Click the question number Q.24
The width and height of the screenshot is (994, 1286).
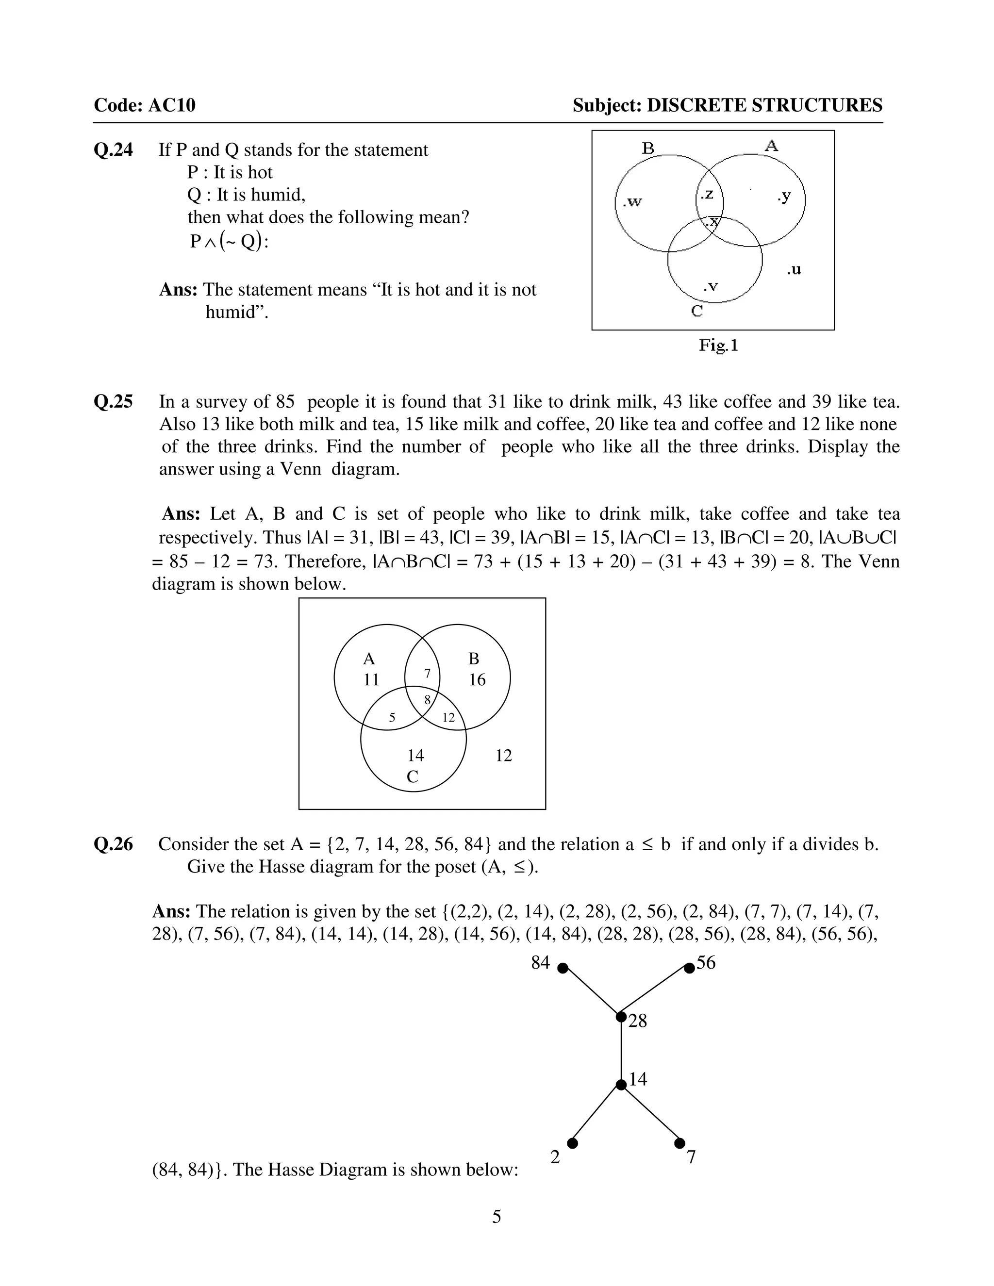[x=113, y=150]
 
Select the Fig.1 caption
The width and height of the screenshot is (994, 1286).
[x=718, y=345]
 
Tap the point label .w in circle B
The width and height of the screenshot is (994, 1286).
[x=632, y=202]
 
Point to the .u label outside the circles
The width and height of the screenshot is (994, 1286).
[x=794, y=270]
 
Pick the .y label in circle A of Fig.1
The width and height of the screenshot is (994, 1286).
[x=784, y=196]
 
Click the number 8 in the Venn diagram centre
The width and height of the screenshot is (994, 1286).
[x=428, y=699]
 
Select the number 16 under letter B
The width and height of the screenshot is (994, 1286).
[x=477, y=680]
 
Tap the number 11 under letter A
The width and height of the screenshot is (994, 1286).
[x=371, y=680]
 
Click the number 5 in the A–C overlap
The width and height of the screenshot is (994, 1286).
[x=392, y=717]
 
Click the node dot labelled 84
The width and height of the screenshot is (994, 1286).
[x=563, y=968]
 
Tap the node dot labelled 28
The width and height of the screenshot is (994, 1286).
[x=621, y=1017]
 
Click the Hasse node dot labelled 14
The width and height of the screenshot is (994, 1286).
[x=621, y=1085]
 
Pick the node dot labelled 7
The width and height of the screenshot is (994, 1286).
[x=679, y=1143]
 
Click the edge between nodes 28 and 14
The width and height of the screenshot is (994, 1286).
[x=621, y=1051]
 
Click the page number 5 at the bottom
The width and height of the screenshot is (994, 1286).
[x=497, y=1217]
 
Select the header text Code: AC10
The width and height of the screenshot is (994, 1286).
[x=144, y=105]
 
